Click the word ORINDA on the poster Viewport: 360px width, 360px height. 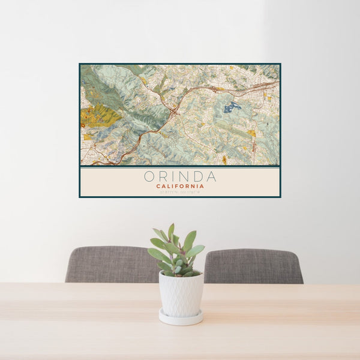pyautogui.click(x=180, y=177)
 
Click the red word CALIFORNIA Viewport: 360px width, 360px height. pyautogui.click(x=180, y=187)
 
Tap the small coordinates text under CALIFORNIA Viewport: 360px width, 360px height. pyautogui.click(x=180, y=192)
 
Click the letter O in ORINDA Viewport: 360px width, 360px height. pyautogui.click(x=149, y=177)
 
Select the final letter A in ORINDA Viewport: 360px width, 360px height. pyautogui.click(x=211, y=177)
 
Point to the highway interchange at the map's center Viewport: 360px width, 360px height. pyautogui.click(x=174, y=111)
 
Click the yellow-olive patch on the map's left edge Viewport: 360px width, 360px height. pyautogui.click(x=96, y=116)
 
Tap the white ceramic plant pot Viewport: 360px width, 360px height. pyautogui.click(x=181, y=294)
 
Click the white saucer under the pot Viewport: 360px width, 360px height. pyautogui.click(x=181, y=317)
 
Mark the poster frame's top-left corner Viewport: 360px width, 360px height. pyautogui.click(x=80, y=64)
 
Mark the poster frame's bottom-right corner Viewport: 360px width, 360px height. pyautogui.click(x=280, y=197)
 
